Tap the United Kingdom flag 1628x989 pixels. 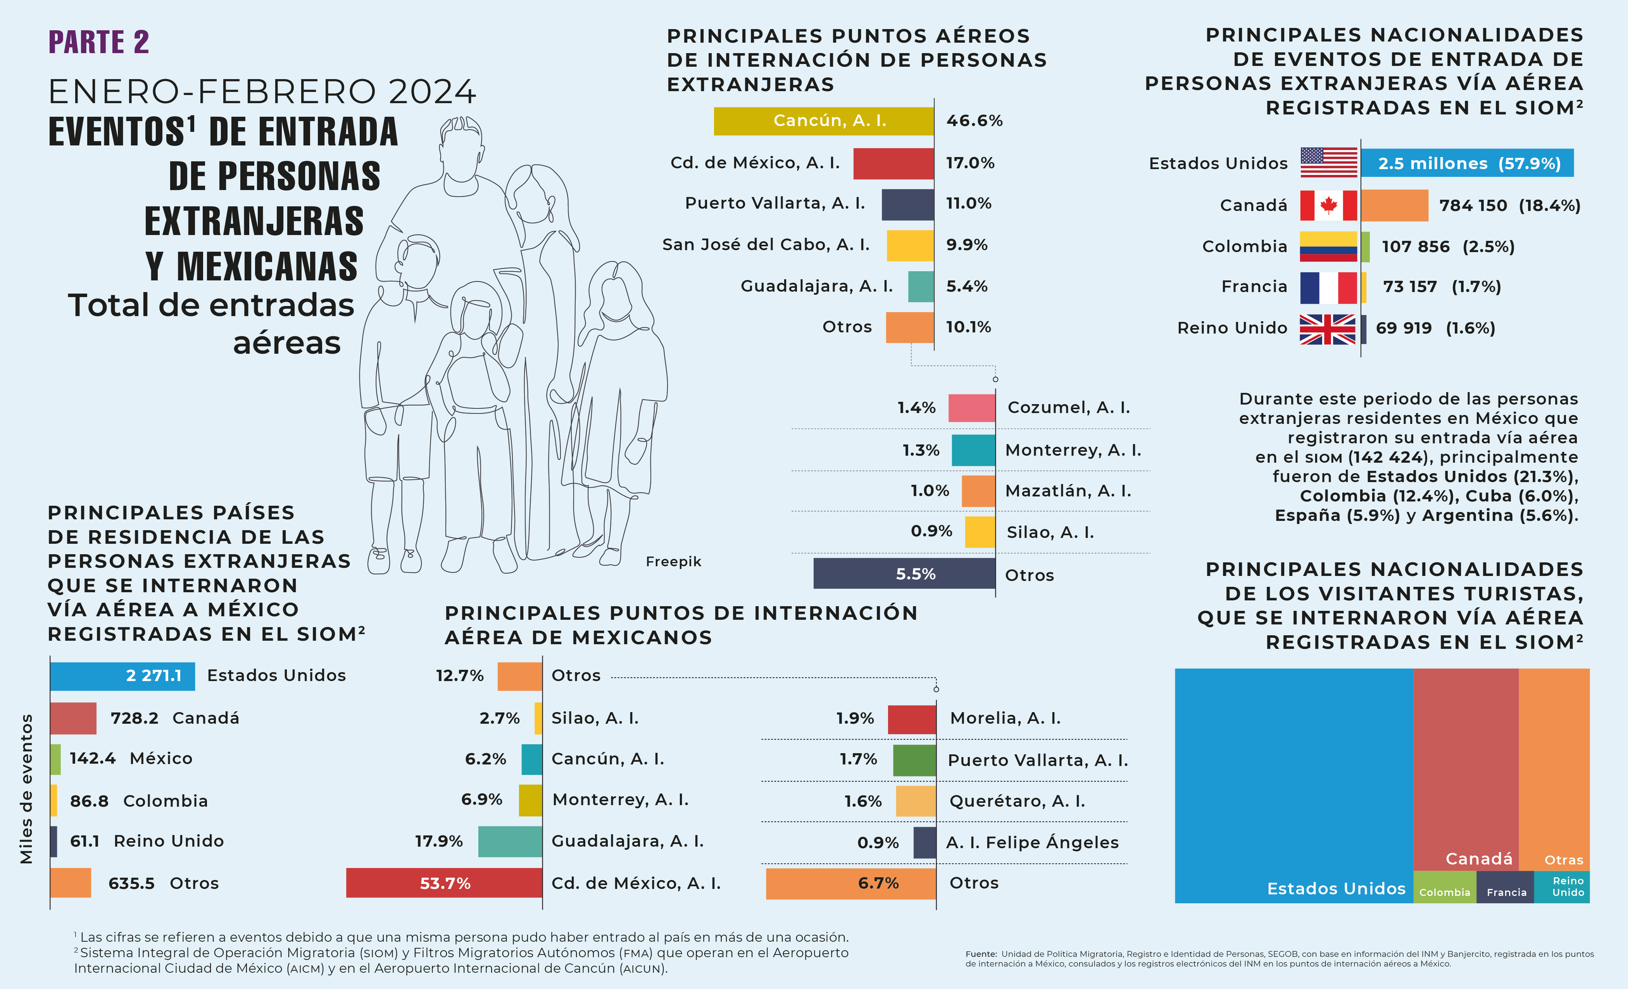tap(1327, 329)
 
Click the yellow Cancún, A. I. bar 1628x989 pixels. tap(823, 121)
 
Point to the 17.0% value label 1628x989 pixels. tap(969, 163)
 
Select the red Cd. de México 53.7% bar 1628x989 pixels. tap(444, 883)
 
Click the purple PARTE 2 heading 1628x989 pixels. tap(99, 42)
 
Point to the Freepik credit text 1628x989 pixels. tap(673, 561)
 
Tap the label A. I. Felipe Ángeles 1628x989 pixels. tap(1032, 842)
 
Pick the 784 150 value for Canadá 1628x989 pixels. tap(1473, 206)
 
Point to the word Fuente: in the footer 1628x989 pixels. tap(981, 954)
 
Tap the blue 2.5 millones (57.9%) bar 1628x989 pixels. tap(1467, 163)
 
